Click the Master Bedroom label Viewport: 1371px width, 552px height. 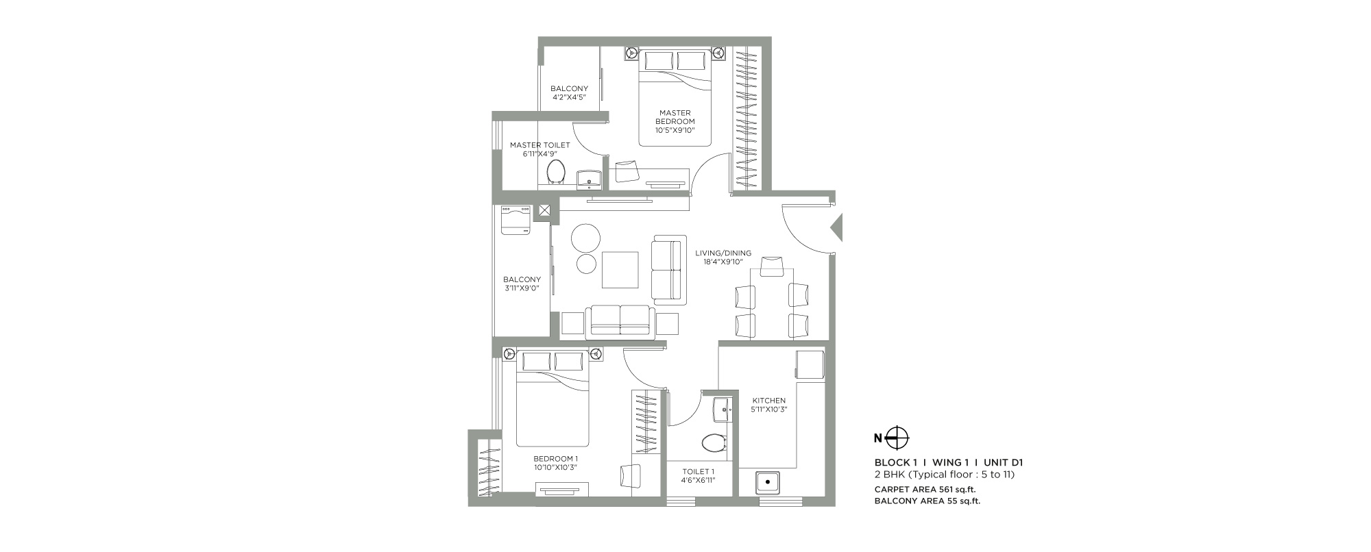(x=675, y=117)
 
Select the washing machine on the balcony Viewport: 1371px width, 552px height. (x=516, y=221)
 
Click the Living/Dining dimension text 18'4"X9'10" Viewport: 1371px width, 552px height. (x=723, y=262)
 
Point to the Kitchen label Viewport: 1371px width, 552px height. (x=769, y=401)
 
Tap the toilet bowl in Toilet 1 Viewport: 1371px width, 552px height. (x=714, y=442)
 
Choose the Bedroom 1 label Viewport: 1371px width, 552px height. (x=556, y=459)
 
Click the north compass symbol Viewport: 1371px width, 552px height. (x=897, y=437)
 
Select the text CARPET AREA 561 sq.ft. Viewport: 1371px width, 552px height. (x=925, y=489)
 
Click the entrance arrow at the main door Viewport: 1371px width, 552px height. (x=836, y=227)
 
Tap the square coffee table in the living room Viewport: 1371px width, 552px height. (x=620, y=270)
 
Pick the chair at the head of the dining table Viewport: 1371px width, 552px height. (x=772, y=266)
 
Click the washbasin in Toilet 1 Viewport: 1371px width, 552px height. (x=722, y=409)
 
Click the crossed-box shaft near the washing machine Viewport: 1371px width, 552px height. (x=545, y=212)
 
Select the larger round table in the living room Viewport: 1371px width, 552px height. (x=586, y=238)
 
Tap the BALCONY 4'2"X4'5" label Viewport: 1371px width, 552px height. (x=569, y=92)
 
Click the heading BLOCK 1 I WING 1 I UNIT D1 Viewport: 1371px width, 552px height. (x=949, y=462)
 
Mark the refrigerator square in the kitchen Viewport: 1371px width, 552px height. (x=810, y=364)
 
